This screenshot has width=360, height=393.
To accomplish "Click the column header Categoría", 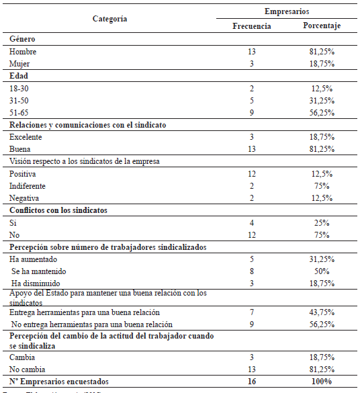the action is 109,19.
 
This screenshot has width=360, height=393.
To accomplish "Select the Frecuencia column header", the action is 252,26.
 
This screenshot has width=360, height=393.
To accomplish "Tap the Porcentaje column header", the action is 321,26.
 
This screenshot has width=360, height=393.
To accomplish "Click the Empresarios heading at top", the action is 286,11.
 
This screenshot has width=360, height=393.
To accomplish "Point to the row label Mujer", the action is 21,63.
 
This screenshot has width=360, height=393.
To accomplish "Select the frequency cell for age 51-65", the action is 252,112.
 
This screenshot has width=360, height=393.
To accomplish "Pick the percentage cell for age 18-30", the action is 321,88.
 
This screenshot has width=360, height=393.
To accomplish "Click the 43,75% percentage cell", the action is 321,313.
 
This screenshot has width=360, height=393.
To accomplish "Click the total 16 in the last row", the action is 252,381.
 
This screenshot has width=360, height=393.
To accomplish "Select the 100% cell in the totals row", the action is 321,381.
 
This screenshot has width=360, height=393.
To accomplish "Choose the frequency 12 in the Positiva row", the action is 252,173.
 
